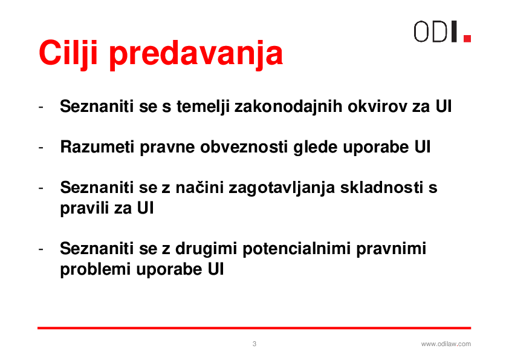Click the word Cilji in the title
pyautogui.click(x=68, y=54)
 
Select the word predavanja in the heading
pyautogui.click(x=196, y=54)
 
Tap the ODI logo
pyautogui.click(x=442, y=31)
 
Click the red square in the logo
pyautogui.click(x=467, y=39)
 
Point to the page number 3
pyautogui.click(x=254, y=344)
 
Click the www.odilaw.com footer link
pyautogui.click(x=446, y=344)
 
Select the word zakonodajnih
pyautogui.click(x=288, y=106)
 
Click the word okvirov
pyautogui.click(x=377, y=106)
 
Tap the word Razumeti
pyautogui.click(x=97, y=147)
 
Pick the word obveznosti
pyautogui.click(x=244, y=147)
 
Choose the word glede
pyautogui.click(x=316, y=147)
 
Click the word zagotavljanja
pyautogui.click(x=282, y=188)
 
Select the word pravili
pyautogui.click(x=85, y=208)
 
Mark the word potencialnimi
pyautogui.click(x=297, y=249)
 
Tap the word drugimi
pyautogui.click(x=207, y=249)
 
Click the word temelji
pyautogui.click(x=203, y=106)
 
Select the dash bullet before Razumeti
pyautogui.click(x=41, y=148)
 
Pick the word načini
pyautogui.click(x=199, y=188)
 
